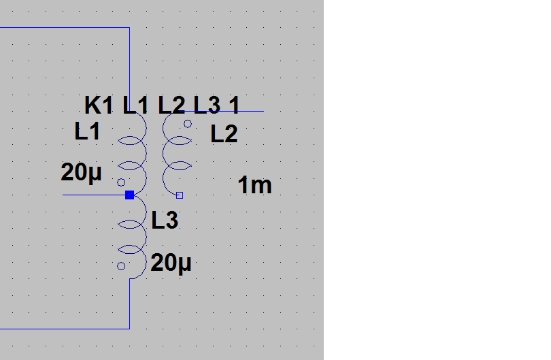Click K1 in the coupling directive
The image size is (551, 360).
click(x=99, y=105)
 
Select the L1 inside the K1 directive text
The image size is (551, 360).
click(x=135, y=105)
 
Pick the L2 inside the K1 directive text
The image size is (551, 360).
click(x=171, y=105)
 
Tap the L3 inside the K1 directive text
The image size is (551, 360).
click(x=207, y=105)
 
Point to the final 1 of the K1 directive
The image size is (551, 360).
click(x=234, y=105)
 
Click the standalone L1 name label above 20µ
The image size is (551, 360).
click(x=88, y=131)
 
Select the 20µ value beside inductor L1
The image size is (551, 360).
click(x=81, y=173)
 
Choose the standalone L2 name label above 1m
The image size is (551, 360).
click(x=224, y=134)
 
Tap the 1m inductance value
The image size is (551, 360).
click(x=255, y=185)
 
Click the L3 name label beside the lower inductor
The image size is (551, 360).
click(x=165, y=220)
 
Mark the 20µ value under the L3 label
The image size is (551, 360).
click(x=171, y=263)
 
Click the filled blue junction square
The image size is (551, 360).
click(x=129, y=195)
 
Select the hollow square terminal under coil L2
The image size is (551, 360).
click(x=180, y=195)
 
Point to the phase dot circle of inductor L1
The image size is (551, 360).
click(x=121, y=182)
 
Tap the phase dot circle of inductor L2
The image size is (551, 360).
click(x=188, y=124)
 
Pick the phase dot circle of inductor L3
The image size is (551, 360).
click(x=121, y=266)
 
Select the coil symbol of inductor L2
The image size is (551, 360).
click(x=173, y=153)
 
